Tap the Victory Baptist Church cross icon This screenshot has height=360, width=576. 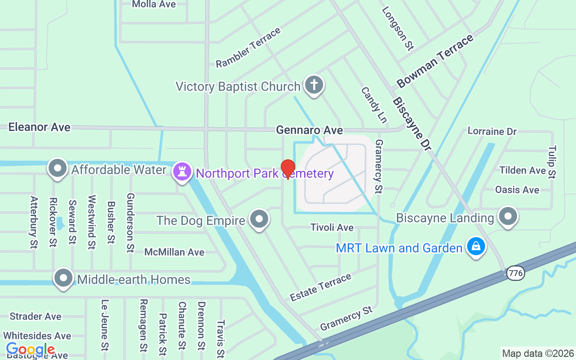[314, 85]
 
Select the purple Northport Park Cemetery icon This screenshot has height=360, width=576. [182, 171]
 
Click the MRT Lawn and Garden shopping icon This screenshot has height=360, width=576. [476, 246]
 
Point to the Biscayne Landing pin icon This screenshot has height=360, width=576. [508, 216]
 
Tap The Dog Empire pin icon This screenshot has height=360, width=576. [259, 219]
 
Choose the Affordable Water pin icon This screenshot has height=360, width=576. [57, 168]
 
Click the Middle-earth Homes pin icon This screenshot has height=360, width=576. [63, 278]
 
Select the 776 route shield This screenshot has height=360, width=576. [516, 273]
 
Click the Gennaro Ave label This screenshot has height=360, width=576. [310, 130]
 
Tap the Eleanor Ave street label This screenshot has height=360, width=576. [40, 127]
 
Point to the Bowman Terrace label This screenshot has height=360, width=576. [435, 61]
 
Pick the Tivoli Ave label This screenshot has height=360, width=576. [332, 228]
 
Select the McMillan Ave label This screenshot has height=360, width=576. [174, 252]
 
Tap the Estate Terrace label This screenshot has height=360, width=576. [320, 287]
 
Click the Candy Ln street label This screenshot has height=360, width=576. [373, 105]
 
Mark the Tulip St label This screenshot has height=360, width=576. [552, 162]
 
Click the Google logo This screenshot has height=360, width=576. [30, 349]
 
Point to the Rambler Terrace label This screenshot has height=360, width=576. [248, 48]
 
